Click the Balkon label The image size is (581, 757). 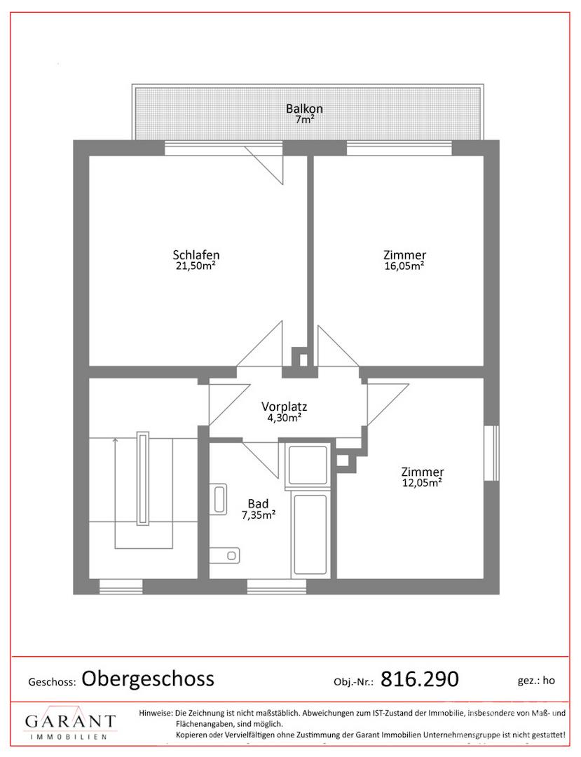pyautogui.click(x=304, y=109)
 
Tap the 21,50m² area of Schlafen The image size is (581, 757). pyautogui.click(x=196, y=266)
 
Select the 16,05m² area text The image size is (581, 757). pyautogui.click(x=404, y=266)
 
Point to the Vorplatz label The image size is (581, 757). pyautogui.click(x=285, y=406)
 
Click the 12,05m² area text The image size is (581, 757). pyautogui.click(x=422, y=483)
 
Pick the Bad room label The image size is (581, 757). pyautogui.click(x=258, y=503)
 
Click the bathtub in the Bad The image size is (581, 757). pyautogui.click(x=310, y=534)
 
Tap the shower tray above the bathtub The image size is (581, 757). pyautogui.click(x=307, y=465)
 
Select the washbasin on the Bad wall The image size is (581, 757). pyautogui.click(x=219, y=498)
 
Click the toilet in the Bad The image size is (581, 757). pyautogui.click(x=226, y=555)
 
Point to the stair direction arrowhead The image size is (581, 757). pyautogui.click(x=115, y=439)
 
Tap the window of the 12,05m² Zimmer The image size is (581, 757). pyautogui.click(x=492, y=453)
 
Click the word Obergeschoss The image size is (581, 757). pyautogui.click(x=148, y=678)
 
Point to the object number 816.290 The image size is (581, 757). pyautogui.click(x=419, y=678)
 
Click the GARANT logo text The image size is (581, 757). pyautogui.click(x=71, y=721)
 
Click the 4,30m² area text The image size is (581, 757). pyautogui.click(x=285, y=418)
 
